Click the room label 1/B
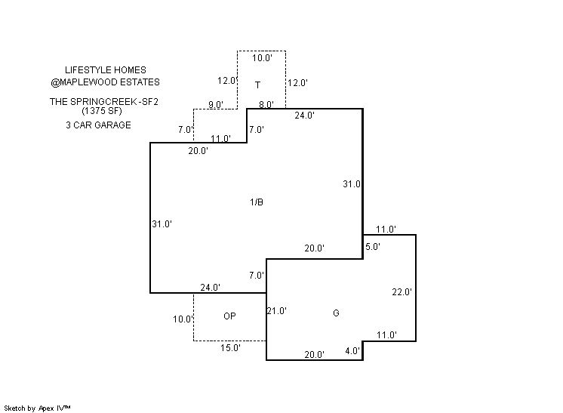click(257, 202)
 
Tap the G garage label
click(336, 313)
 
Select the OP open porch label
click(230, 316)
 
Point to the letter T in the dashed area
click(257, 85)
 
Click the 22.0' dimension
click(402, 292)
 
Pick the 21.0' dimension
click(277, 310)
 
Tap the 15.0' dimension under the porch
click(230, 348)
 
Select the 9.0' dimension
click(215, 105)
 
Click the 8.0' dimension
click(266, 105)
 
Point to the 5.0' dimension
click(373, 246)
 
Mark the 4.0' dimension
click(352, 350)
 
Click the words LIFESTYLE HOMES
click(106, 70)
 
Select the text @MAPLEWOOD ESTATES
click(106, 82)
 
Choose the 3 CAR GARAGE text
click(98, 125)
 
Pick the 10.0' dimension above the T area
click(261, 57)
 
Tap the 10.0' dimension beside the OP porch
click(183, 319)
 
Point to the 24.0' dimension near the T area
click(304, 116)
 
